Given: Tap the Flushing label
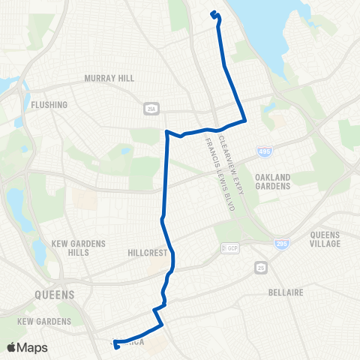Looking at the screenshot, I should (49, 105).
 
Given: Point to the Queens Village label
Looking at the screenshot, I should (325, 238).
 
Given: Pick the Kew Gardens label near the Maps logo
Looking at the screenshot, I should (44, 321).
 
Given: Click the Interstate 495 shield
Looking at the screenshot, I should (263, 151).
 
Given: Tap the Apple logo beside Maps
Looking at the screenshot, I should (11, 347).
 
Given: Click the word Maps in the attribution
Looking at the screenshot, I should (33, 347).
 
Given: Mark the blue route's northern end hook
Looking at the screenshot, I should (214, 13).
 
